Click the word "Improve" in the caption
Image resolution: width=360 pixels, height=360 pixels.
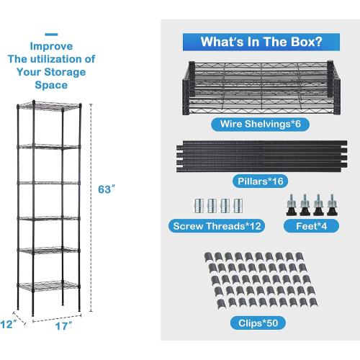point(50,48)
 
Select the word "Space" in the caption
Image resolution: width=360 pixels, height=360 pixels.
point(50,84)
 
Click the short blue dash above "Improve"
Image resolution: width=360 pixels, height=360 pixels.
point(50,33)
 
